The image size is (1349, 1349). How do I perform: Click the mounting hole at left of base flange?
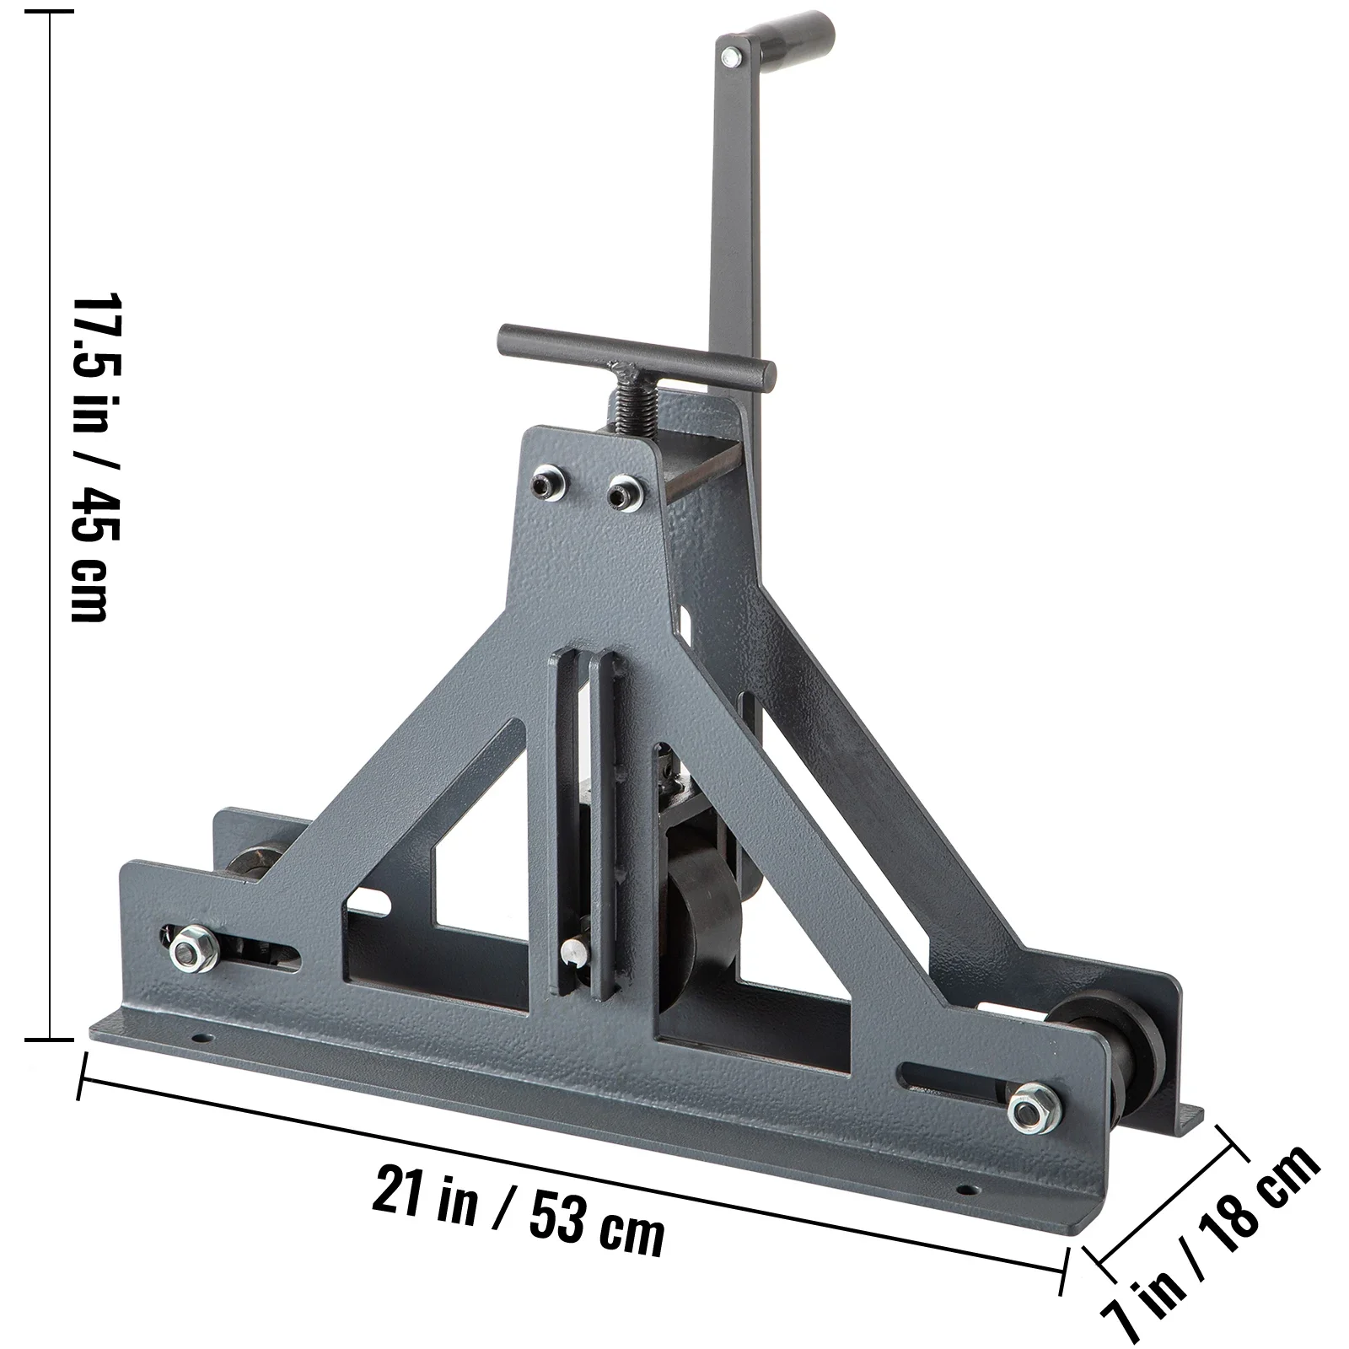click(x=200, y=1036)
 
